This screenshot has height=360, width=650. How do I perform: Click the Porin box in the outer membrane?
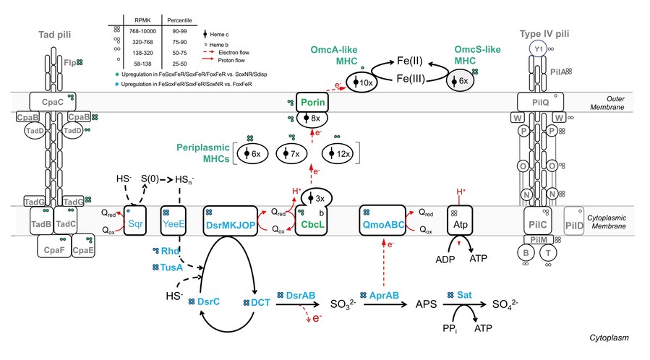tap(312, 102)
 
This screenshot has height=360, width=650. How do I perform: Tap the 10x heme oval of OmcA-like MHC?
tap(362, 83)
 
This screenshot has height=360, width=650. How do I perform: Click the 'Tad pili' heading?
tap(49, 35)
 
